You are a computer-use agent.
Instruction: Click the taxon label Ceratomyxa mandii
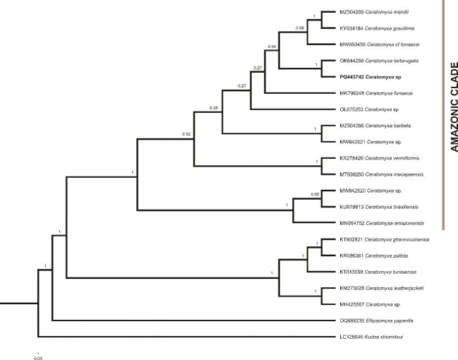coord(378,13)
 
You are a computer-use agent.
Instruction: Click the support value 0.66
coord(300,28)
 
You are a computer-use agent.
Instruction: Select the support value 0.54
coord(272,47)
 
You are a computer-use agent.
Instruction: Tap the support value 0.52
coord(187,133)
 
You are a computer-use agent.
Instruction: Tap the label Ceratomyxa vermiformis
coord(382,158)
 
